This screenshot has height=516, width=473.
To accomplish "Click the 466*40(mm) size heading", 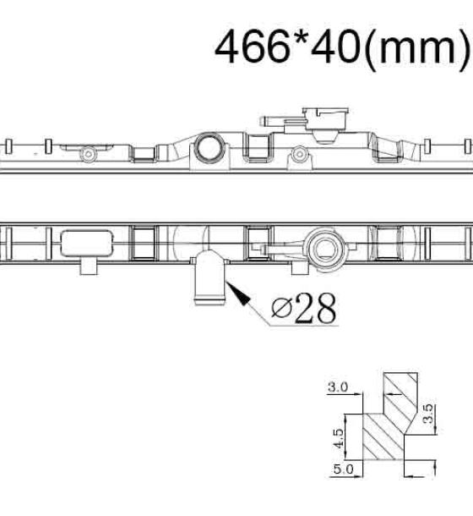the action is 342,47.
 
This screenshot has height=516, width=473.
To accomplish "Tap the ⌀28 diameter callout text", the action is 304,309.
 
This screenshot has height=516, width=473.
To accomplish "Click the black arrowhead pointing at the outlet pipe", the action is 238,294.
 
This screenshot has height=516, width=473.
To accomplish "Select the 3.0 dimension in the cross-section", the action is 338,387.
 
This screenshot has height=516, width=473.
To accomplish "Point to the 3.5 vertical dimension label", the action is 428,414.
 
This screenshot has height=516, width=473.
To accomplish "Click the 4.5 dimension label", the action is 338,438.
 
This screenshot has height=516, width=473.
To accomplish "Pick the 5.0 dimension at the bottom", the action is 344,469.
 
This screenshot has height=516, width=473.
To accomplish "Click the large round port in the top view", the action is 209,146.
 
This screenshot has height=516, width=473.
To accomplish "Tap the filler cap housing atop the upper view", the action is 325,118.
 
